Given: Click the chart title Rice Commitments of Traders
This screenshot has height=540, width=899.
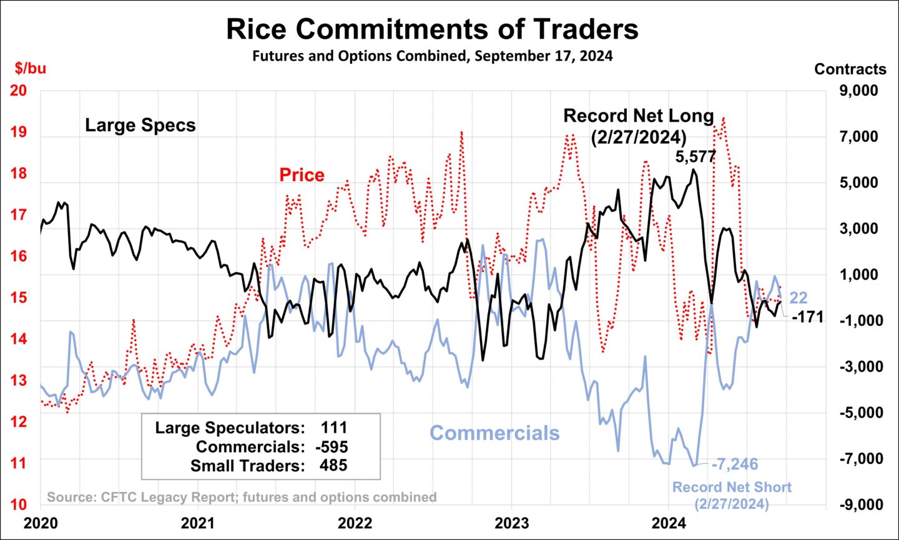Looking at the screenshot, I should pos(432,29).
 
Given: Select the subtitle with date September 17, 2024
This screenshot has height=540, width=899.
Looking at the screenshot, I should pos(432,56).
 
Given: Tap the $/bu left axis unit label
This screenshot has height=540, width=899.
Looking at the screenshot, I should pos(31,68).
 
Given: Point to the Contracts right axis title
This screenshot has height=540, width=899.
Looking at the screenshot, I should pos(850,69).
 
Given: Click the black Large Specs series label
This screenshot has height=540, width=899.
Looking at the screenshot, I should pos(140,125).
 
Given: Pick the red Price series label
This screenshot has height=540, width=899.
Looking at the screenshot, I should pos(302,175).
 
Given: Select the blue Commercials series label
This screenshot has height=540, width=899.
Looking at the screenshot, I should pos(494,433).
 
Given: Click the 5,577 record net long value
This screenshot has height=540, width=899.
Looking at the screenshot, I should pos(695,157).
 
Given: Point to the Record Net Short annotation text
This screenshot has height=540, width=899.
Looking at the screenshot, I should pos(732,495).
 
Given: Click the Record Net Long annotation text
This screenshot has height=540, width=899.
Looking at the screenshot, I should pos(638,125).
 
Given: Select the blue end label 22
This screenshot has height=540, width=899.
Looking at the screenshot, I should pos(798,298).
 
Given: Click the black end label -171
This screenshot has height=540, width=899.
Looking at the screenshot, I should pos(807,317).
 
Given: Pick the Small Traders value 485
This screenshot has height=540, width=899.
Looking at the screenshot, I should pos(334,466).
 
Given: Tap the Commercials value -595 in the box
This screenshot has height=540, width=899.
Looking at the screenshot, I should pos(332,447).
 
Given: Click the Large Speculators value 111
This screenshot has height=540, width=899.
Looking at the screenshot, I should pos(334,428).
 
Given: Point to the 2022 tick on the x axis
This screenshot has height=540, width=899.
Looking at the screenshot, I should pos(355,523).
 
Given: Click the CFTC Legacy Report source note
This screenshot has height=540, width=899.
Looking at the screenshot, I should pos(242,498).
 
